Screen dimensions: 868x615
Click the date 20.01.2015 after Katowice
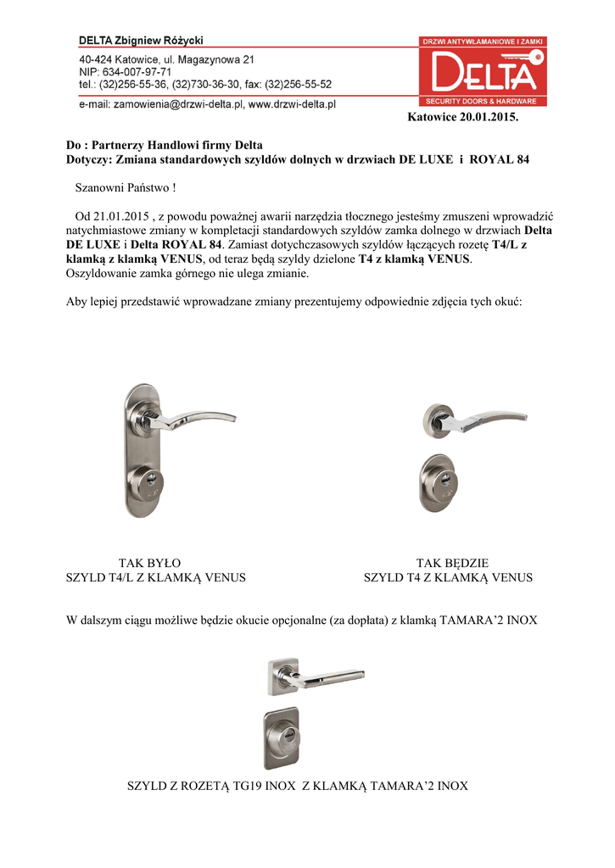[x=488, y=116]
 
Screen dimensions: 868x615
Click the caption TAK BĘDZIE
[x=452, y=563]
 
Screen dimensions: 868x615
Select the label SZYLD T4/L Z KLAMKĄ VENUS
[x=156, y=578]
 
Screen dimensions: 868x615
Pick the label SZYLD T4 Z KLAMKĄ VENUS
[x=448, y=578]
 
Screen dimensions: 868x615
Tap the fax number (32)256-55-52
[x=298, y=85]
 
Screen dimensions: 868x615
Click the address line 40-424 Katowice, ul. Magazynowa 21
[x=166, y=60]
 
